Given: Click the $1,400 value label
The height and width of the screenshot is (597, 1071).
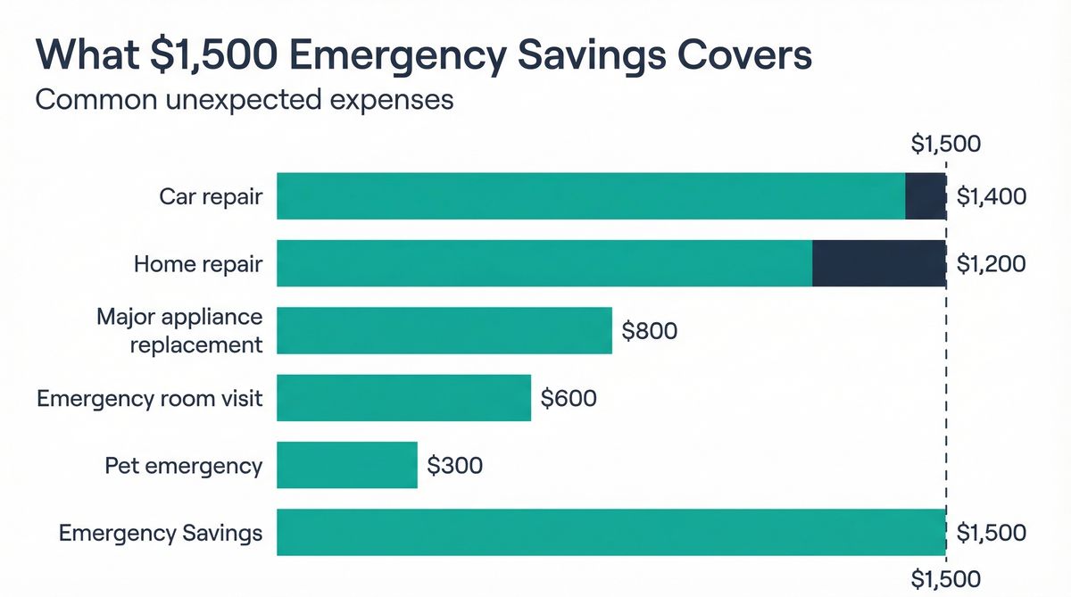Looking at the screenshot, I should (991, 196).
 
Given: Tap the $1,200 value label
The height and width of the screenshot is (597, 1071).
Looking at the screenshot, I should (991, 263).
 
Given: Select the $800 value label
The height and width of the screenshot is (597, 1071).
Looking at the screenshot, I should (650, 331).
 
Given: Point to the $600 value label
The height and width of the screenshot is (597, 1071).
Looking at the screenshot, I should (569, 398).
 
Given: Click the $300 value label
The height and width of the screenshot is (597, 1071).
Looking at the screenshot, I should (455, 465).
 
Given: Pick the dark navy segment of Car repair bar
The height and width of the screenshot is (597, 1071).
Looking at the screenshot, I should (926, 196).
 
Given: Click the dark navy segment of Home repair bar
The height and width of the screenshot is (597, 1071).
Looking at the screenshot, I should (879, 263).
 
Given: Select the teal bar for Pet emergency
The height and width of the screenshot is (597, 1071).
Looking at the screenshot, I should (347, 465).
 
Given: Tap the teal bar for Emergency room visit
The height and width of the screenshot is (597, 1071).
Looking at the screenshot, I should (404, 398).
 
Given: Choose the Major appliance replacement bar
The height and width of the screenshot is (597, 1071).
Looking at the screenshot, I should (444, 331).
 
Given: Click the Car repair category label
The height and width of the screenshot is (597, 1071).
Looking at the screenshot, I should (211, 196).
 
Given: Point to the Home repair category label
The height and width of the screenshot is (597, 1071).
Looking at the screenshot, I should (198, 264).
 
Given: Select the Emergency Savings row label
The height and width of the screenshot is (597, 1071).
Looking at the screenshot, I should (161, 533).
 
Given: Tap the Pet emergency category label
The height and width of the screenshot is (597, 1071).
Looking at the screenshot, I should (183, 466).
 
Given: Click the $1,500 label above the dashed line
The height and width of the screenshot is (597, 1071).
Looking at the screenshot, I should (946, 144).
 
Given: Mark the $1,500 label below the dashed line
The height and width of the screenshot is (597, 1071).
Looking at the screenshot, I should (946, 577).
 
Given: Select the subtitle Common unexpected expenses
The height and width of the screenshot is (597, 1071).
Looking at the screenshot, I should (245, 99).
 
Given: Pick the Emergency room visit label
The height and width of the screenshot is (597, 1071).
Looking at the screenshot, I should (150, 398).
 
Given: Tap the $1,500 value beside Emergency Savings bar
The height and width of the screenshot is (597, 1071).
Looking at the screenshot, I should (991, 533).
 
